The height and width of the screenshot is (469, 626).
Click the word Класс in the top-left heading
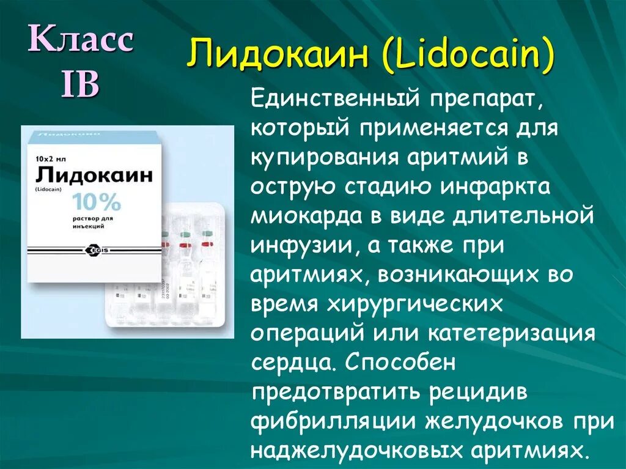coord(82,41)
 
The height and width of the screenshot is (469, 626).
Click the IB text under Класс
coord(79,86)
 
